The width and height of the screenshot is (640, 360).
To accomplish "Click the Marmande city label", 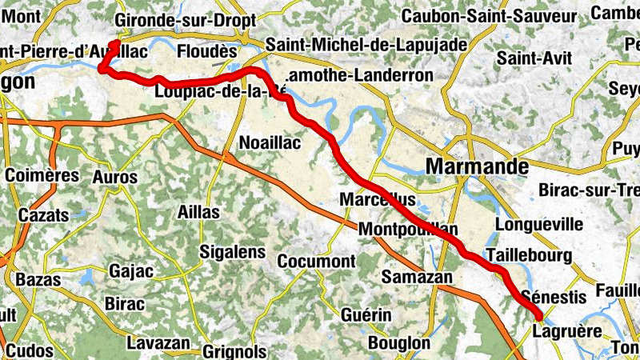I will [478, 166].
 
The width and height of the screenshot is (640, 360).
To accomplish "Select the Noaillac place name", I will [270, 143].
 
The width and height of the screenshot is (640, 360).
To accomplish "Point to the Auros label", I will [115, 176].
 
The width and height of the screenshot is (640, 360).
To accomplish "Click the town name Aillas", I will [197, 214].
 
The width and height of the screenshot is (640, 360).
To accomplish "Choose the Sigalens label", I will [232, 252].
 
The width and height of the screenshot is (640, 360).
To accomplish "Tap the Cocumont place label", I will [316, 261].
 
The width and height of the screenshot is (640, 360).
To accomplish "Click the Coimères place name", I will [42, 175].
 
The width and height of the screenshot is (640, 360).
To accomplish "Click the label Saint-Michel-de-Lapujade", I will [366, 45].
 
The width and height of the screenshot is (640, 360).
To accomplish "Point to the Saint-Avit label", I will [529, 58].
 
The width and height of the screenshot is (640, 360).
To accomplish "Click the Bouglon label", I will [399, 342].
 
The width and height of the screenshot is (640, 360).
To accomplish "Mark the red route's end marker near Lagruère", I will [537, 316].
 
